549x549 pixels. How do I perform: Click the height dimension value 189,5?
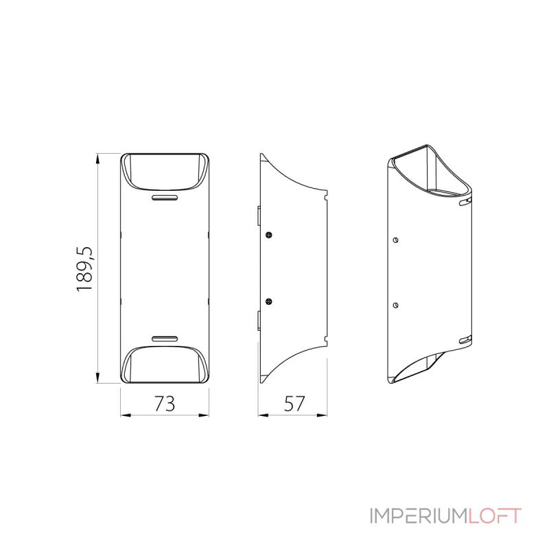[84, 268]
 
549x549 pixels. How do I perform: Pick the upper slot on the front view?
[165, 198]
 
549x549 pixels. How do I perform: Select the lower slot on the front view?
[165, 338]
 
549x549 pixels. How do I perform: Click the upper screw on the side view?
[270, 235]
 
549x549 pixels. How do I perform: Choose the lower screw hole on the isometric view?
[396, 304]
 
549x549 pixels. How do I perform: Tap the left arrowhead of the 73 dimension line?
[124, 414]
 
